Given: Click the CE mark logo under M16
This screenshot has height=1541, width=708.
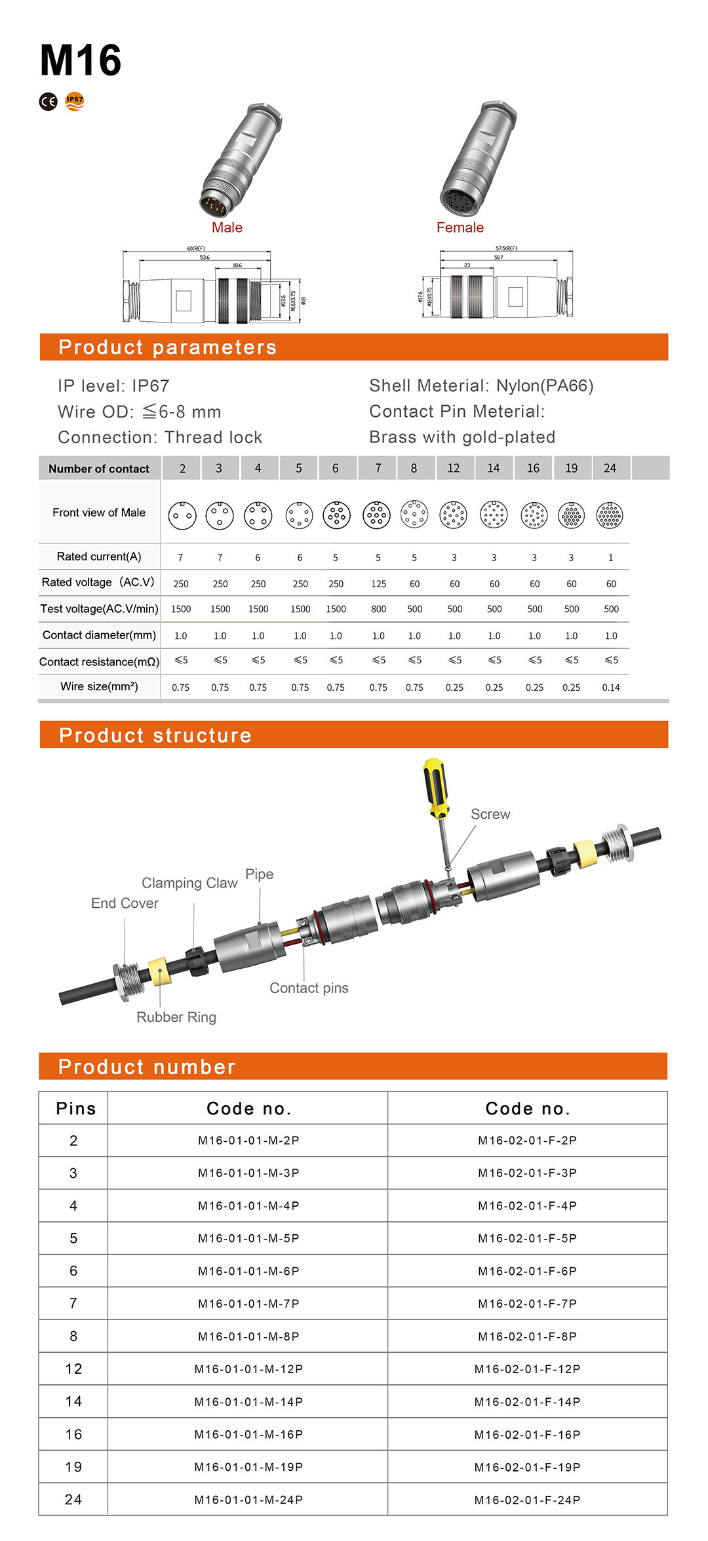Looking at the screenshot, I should coord(49,102).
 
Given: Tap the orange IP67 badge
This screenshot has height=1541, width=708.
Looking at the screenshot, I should coord(75,101).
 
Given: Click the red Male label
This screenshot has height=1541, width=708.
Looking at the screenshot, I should coord(227,227).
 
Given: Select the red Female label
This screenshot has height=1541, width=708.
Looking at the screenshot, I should coord(460,227).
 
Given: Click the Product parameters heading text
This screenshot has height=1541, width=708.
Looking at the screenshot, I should coord(167,347).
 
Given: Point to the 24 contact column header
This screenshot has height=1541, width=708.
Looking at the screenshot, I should coord(610,468).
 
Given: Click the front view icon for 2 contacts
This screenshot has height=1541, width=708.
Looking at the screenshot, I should coord(182,516).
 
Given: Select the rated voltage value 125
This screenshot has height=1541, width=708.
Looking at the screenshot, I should coord(378,583).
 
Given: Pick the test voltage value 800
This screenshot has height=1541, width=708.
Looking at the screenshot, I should coord(378,609).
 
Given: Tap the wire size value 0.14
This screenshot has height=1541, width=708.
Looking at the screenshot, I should coord(610,688).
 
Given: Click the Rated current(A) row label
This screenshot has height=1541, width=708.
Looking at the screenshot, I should coord(99,556).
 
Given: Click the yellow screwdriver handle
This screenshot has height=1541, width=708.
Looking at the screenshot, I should coord(434,787).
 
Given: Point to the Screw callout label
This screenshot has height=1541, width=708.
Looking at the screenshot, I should coord(490,814).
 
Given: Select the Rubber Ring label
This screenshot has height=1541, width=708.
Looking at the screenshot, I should coord(176,1017).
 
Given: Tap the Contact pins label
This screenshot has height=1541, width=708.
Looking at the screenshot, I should coord(309,988).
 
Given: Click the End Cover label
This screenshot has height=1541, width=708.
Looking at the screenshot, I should coord(125,903).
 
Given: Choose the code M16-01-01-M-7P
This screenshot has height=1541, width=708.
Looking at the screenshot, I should coord(248,1304).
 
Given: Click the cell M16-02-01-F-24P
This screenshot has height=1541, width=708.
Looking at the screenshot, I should coord(527,1500).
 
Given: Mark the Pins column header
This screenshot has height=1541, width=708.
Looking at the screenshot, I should coord(75,1108).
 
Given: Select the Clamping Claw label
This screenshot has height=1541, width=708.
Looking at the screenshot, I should coord(189,883).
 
